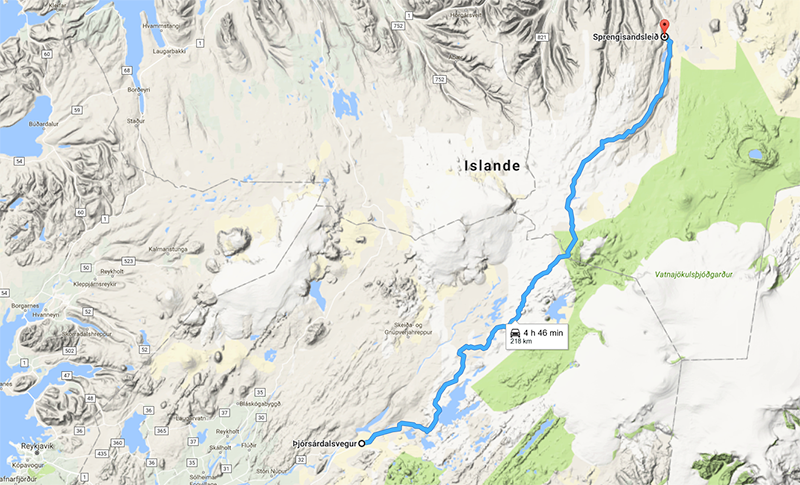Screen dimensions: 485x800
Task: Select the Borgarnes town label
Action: pos(21,299)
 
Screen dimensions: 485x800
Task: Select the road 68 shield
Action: pos(127,70)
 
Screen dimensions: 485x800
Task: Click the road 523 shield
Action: pos(128,260)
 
